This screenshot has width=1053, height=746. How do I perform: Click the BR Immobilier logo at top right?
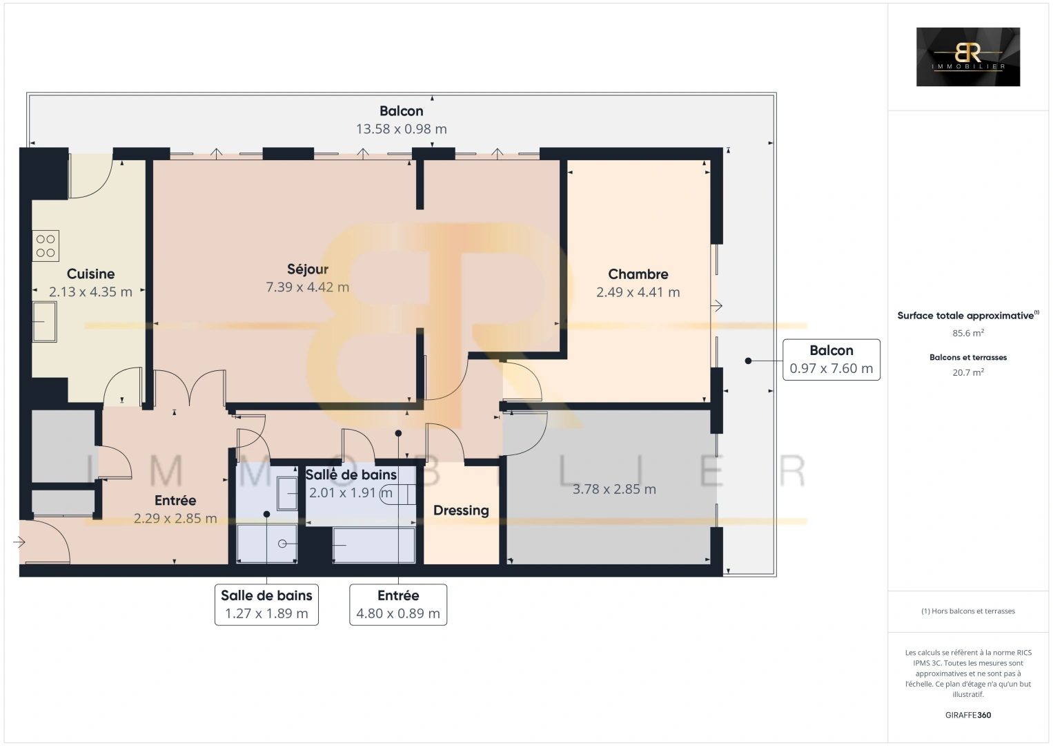click(x=967, y=57)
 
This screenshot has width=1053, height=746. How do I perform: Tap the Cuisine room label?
click(x=90, y=274)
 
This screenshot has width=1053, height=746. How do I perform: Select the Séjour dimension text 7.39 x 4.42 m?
click(x=307, y=287)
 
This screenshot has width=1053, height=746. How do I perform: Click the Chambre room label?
click(x=638, y=274)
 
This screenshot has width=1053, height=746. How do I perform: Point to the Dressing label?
click(x=460, y=510)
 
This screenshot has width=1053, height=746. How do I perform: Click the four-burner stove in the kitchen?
click(x=46, y=246)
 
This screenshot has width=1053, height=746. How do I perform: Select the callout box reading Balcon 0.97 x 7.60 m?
click(x=831, y=360)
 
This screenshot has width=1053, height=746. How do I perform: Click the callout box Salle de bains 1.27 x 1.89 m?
click(x=266, y=604)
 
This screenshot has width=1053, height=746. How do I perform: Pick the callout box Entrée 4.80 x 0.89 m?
click(x=398, y=604)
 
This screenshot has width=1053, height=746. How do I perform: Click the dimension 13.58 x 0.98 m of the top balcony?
click(x=401, y=129)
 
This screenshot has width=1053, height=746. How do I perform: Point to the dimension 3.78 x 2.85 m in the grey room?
click(x=614, y=489)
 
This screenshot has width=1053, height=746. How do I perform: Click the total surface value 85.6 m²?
click(x=967, y=333)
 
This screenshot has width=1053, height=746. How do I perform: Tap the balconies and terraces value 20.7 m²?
click(x=967, y=372)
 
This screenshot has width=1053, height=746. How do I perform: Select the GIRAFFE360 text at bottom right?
click(x=967, y=715)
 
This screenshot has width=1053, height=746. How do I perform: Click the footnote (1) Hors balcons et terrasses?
click(x=967, y=611)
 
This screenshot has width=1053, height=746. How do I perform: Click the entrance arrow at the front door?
click(x=19, y=543)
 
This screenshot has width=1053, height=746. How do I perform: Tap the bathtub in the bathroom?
click(x=373, y=545)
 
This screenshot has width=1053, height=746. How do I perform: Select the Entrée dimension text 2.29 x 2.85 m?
click(x=175, y=518)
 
